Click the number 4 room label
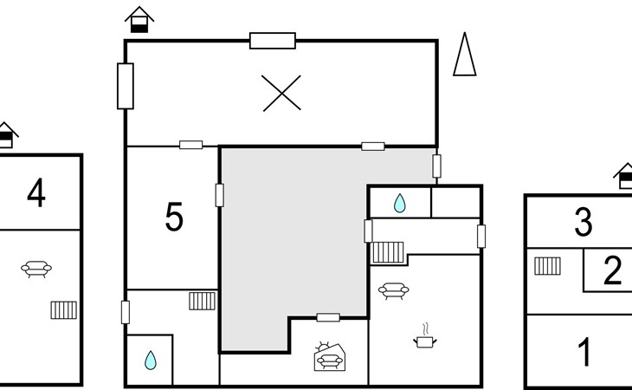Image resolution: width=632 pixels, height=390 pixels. coord(36,192)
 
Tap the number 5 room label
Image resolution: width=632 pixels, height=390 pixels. coord(174,217)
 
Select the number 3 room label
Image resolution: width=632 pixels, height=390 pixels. coord(584,221)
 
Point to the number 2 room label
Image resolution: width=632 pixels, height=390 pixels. coord(613,270)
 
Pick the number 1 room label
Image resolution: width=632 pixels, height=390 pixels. coord(585,352)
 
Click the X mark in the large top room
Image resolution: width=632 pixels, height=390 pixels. coord(281,93)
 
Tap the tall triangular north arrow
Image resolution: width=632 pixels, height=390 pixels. coord(465,54)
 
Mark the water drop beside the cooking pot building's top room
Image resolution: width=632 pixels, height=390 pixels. coord(399,203)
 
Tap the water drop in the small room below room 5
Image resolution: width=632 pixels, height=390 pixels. coord(151,361)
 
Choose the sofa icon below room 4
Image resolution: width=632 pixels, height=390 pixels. coord(36,269)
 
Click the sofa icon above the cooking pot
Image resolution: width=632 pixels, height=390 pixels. coord(393,291)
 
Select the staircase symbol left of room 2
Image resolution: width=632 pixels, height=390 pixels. coord(547,266)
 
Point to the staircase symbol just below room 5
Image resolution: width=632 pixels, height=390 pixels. coord(203,301)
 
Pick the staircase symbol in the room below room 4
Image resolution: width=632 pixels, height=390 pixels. coord(64,309)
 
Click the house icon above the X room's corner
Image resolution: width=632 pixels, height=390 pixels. coord(139,20)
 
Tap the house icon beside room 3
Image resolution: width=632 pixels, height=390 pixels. coord(623,176)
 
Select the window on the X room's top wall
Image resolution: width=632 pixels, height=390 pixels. coord(273,41)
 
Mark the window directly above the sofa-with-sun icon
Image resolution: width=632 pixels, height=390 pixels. coord(328,317)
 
